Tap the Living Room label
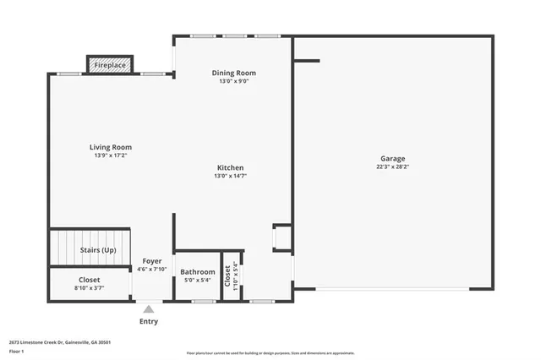click(111, 147)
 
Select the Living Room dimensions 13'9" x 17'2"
click(111, 156)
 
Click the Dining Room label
click(233, 73)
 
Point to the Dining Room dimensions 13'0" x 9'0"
click(233, 82)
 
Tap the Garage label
click(392, 158)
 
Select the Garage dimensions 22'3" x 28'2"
click(392, 167)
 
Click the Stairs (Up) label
click(98, 250)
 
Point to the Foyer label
click(152, 261)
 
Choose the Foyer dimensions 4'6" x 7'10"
click(152, 270)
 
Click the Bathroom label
click(198, 271)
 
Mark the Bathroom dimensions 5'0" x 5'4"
click(198, 281)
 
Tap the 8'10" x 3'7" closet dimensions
click(89, 288)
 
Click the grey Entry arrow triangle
click(148, 309)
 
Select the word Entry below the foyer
click(148, 321)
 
